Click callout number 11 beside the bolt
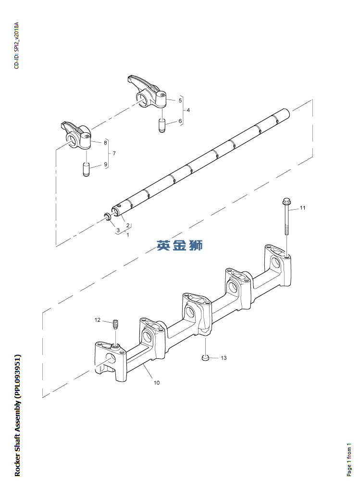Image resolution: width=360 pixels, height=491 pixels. [303, 208]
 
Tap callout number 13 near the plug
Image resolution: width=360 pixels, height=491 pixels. [223, 358]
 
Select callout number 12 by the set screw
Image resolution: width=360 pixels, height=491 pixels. [97, 320]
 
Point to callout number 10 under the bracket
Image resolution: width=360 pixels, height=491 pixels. [157, 383]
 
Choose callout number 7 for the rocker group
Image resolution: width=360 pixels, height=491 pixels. [114, 153]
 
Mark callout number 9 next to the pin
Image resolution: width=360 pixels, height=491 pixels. [105, 165]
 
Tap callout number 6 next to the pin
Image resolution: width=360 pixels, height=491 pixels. [180, 121]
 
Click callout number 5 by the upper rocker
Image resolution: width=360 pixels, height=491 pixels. [180, 101]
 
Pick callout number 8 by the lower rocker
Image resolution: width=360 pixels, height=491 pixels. [105, 142]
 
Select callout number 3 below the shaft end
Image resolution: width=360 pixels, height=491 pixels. [118, 230]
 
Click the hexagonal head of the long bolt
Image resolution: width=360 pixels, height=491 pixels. [287, 201]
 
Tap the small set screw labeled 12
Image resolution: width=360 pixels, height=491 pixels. [115, 325]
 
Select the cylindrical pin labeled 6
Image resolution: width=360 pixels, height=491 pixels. [162, 125]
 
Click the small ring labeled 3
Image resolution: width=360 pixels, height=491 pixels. [109, 217]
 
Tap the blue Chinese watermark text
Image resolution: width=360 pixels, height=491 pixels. [180, 245]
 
